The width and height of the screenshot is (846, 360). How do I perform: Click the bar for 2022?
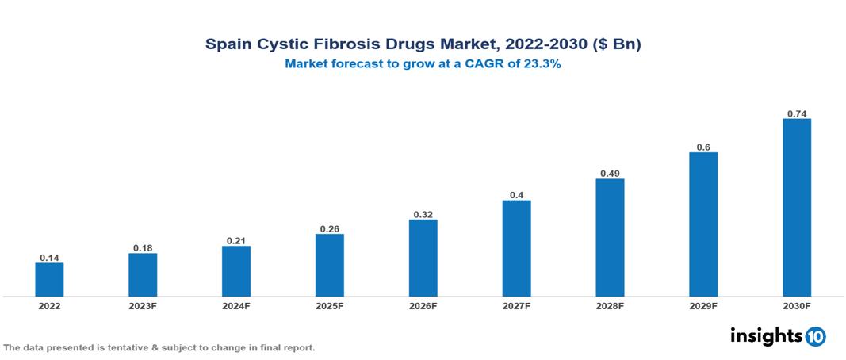pyautogui.click(x=49, y=279)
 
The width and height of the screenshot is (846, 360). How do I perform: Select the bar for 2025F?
pyautogui.click(x=329, y=265)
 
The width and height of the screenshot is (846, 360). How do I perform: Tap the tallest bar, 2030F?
pyautogui.click(x=796, y=208)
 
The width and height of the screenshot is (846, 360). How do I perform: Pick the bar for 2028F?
pyautogui.click(x=610, y=237)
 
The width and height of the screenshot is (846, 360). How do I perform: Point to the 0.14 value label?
pyautogui.click(x=49, y=258)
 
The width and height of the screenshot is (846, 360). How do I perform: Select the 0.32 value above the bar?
pyautogui.click(x=423, y=214)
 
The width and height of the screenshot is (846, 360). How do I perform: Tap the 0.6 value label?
pyautogui.click(x=703, y=147)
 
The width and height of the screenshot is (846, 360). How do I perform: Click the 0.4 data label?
pyautogui.click(x=516, y=195)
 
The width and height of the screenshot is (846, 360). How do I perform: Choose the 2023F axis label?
pyautogui.click(x=143, y=306)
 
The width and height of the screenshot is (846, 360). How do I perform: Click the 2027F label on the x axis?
pyautogui.click(x=516, y=306)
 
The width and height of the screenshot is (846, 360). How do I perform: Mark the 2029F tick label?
pyautogui.click(x=703, y=306)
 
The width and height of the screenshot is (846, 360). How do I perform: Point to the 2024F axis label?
pyautogui.click(x=236, y=306)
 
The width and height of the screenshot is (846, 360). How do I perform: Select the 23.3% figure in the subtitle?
pyautogui.click(x=542, y=65)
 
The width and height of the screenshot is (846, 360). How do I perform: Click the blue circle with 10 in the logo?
pyautogui.click(x=815, y=336)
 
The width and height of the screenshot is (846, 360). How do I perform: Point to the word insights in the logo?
pyautogui.click(x=766, y=335)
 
